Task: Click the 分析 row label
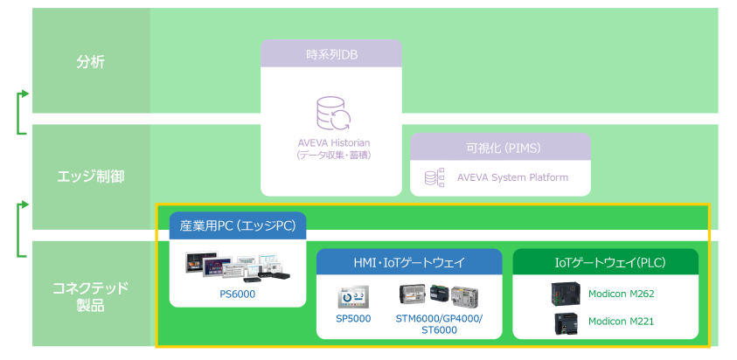tap(90, 62)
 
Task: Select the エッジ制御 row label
tap(90, 177)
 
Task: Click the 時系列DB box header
tap(331, 55)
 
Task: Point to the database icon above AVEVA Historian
tap(332, 114)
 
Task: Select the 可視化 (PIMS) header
tap(500, 148)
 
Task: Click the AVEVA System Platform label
tap(512, 177)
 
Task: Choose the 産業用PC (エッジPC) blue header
tap(238, 226)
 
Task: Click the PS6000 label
tap(238, 294)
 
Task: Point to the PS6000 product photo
tap(238, 265)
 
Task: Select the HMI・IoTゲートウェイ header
tap(409, 262)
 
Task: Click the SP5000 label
tap(353, 319)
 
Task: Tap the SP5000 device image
tap(353, 296)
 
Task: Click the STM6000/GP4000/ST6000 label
tap(439, 324)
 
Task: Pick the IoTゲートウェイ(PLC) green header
tap(605, 262)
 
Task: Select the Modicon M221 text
tap(621, 322)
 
